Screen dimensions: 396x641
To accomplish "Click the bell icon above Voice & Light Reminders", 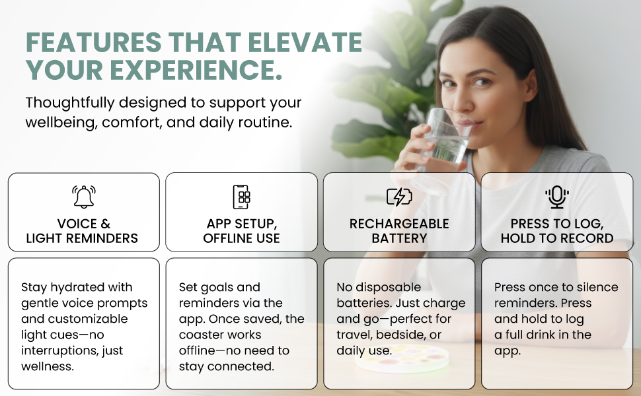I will (x=83, y=197).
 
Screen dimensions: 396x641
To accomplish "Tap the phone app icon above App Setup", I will (x=241, y=197).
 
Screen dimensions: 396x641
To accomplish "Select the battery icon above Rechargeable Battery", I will (x=398, y=197).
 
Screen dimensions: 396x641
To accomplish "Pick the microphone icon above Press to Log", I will (x=556, y=197).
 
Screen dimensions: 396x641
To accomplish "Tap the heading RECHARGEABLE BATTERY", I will (x=398, y=231).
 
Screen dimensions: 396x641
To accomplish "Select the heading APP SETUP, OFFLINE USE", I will (x=241, y=231).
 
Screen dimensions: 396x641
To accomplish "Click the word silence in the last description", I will (x=597, y=287).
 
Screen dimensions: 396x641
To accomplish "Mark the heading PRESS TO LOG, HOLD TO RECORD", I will (x=556, y=231).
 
